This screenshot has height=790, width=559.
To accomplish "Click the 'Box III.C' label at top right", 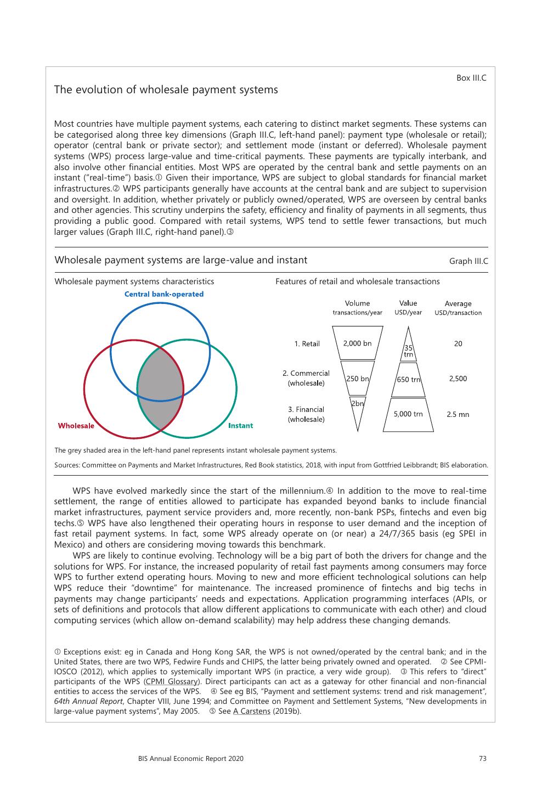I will (471, 78).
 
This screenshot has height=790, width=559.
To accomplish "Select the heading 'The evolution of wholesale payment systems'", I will (166, 90).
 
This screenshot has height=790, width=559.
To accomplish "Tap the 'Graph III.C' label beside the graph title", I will (468, 261).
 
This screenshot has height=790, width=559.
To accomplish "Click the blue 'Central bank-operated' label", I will (163, 294).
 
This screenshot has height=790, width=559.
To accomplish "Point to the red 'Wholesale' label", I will (76, 426).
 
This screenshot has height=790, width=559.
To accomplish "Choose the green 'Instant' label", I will (240, 425).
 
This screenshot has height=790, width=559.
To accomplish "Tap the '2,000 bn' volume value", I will (357, 344).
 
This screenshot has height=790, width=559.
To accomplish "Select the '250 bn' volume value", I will (357, 379).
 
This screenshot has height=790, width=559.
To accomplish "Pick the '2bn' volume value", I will (357, 404).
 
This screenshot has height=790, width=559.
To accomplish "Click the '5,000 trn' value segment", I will (408, 414).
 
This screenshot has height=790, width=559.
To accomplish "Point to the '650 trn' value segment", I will (408, 380).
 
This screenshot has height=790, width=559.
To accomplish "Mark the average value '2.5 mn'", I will (458, 415).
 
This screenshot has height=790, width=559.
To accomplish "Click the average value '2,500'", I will (458, 379).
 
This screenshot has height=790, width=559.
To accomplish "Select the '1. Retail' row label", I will (307, 344).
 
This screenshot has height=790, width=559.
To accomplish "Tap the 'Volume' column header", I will (357, 303).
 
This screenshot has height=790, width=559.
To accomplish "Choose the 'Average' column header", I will (458, 304).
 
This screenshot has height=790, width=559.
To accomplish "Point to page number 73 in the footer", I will (482, 759).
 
